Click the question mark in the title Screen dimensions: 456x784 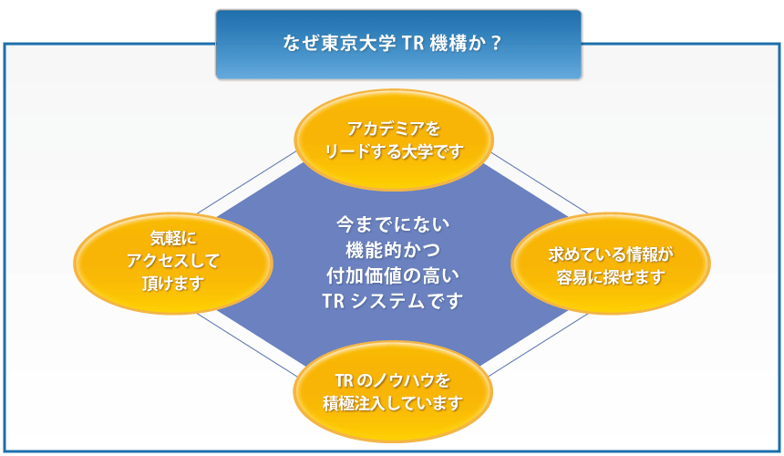click(496, 44)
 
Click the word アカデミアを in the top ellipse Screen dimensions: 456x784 click(393, 128)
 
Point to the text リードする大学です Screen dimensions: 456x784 click(393, 150)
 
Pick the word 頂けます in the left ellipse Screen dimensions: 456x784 click(173, 284)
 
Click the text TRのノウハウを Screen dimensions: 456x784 click(393, 378)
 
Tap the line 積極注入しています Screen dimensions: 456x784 click(393, 402)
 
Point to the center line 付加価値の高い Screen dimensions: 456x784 click(393, 275)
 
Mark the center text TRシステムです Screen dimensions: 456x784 click(393, 300)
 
